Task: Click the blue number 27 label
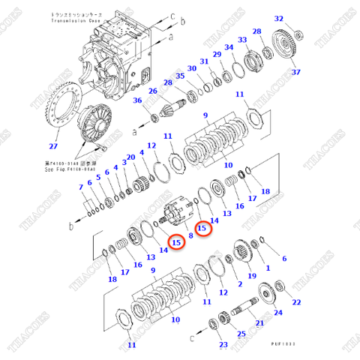click(52, 147)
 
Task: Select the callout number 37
click(295, 72)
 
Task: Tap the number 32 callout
click(279, 19)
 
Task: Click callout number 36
click(137, 101)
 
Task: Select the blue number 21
click(259, 323)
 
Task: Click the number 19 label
click(251, 276)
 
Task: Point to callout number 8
click(190, 235)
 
